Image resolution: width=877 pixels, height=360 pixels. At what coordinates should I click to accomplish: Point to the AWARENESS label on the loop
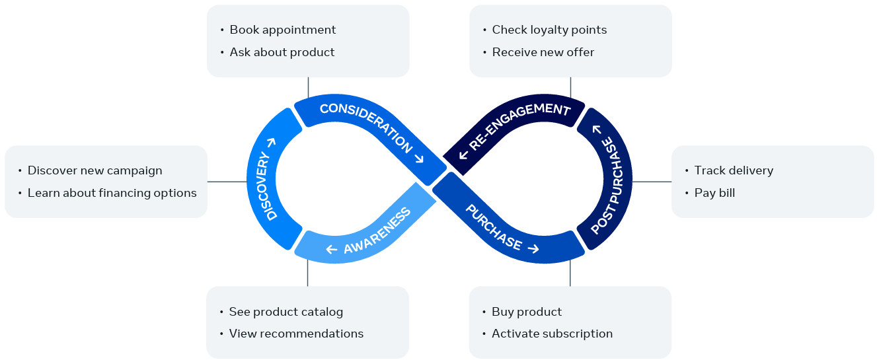click(x=377, y=231)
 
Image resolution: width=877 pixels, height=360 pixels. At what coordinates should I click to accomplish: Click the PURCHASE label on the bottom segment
click(x=493, y=228)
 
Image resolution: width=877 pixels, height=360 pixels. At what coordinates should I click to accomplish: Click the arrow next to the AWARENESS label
click(x=332, y=249)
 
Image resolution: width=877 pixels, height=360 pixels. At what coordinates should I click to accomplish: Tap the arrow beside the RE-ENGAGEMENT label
click(x=463, y=155)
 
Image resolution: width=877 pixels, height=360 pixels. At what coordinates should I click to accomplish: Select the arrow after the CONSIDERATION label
click(x=419, y=158)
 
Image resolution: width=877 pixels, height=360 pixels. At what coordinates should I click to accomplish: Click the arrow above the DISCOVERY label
click(x=272, y=143)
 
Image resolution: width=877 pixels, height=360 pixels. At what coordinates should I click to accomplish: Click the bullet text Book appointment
click(x=283, y=30)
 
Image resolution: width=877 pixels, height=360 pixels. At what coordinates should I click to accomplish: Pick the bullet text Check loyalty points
click(x=549, y=30)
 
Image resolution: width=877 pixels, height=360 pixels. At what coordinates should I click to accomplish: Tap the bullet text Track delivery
click(x=734, y=170)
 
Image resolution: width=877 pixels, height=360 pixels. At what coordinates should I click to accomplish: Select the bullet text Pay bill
click(x=714, y=193)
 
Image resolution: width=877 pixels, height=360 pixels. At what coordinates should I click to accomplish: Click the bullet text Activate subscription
click(x=552, y=334)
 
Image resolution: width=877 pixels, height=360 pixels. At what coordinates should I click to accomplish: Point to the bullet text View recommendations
click(x=296, y=334)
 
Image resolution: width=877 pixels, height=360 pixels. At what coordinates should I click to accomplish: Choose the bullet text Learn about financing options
click(x=112, y=193)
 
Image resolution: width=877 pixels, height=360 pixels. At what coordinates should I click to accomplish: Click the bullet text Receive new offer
click(x=543, y=52)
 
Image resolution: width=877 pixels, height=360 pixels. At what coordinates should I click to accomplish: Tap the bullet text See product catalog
click(x=286, y=312)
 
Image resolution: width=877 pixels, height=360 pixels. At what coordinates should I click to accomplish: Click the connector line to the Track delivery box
click(x=652, y=182)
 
